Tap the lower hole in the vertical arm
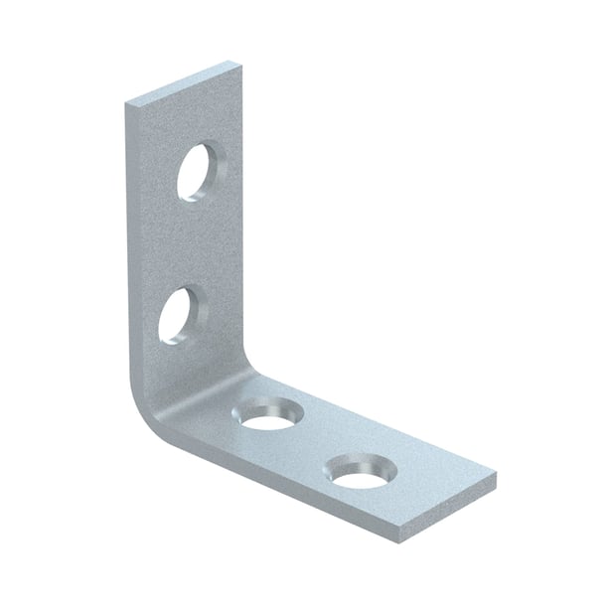pos(181,316)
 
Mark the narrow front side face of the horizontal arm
pos(298,498)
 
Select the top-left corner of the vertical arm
pos(127,102)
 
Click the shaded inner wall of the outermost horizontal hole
pos(360,460)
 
